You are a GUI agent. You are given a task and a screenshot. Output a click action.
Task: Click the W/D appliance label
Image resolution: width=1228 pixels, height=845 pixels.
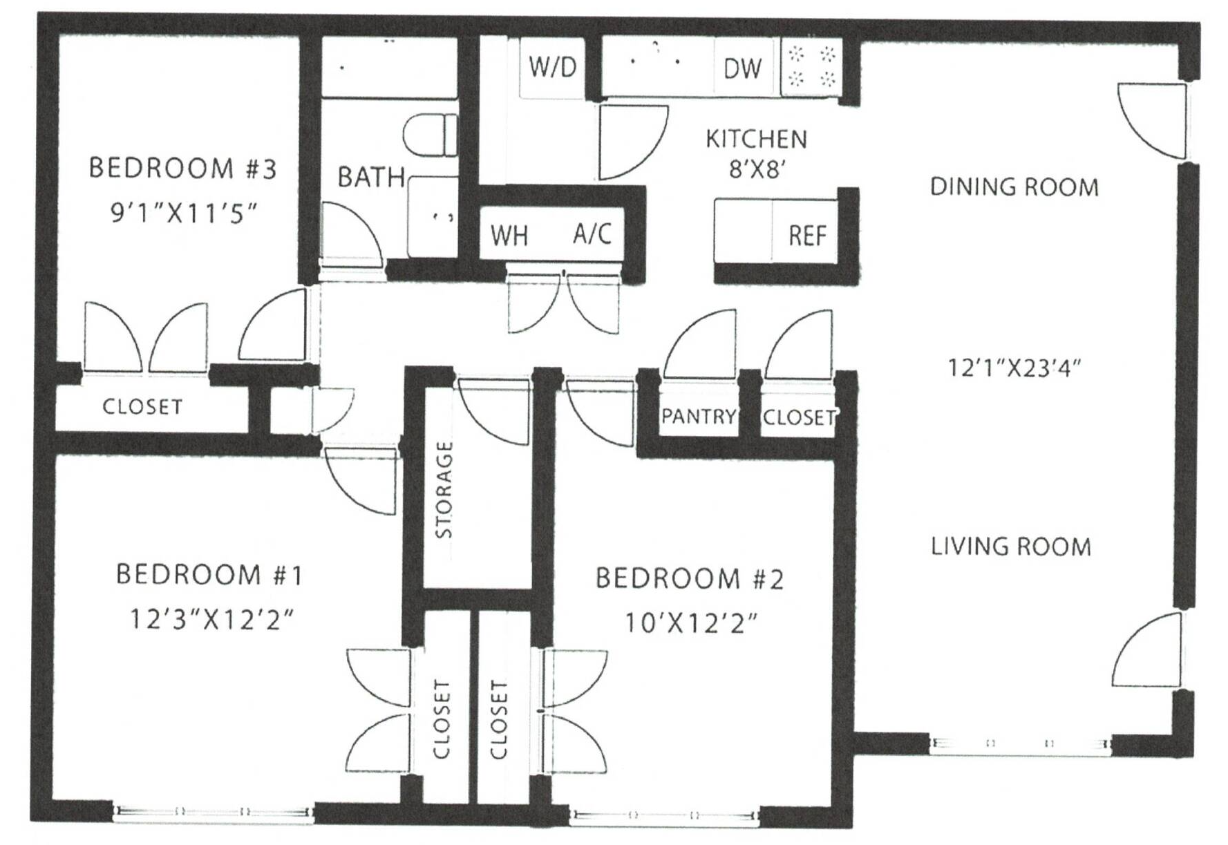pos(552,67)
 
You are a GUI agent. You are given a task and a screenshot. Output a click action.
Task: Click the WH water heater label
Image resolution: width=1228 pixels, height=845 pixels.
pos(509,236)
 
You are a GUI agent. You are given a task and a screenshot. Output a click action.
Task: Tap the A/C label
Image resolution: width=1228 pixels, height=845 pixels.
pos(592,234)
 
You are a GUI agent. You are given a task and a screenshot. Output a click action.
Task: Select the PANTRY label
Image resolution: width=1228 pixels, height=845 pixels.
pos(699,417)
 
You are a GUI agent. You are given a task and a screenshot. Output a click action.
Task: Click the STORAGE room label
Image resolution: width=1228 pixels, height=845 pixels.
pos(444,490)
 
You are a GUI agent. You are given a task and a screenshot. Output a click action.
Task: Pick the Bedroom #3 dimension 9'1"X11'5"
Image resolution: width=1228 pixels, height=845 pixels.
pos(184,213)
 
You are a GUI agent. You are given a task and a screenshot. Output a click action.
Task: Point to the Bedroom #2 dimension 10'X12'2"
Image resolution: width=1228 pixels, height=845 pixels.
pos(690,623)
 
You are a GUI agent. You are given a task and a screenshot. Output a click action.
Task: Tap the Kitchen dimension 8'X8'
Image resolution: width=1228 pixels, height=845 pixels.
pos(756,169)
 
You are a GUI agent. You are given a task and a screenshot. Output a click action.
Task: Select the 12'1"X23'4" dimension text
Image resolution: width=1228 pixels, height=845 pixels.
pos(1013,368)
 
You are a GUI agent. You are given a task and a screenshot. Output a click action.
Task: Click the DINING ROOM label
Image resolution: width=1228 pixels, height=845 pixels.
pos(1014,187)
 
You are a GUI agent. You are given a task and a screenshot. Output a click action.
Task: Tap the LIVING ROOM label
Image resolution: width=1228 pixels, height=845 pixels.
pos(1011,547)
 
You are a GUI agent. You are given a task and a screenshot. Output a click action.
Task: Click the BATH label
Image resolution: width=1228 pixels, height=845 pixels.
pos(371,178)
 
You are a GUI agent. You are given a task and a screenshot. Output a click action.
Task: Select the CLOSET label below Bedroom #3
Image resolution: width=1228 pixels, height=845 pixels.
pos(142,406)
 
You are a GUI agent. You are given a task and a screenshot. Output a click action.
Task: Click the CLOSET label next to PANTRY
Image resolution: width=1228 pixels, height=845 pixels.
pos(799,417)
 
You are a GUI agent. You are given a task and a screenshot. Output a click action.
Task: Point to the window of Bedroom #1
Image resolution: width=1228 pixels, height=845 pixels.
pos(213,812)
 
